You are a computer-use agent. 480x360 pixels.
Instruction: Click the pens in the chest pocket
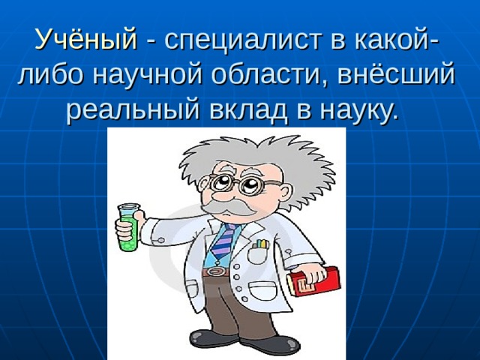tap(260, 244)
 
